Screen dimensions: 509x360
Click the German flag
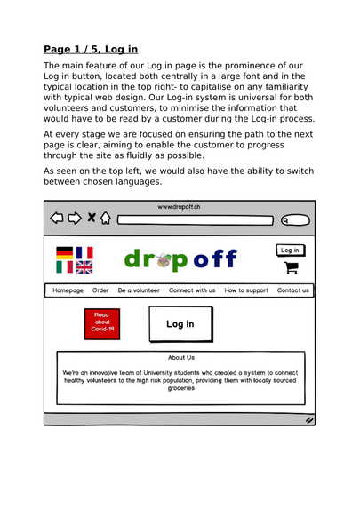pyautogui.click(x=64, y=253)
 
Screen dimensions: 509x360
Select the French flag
pyautogui.click(x=84, y=253)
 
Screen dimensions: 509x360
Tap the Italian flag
pyautogui.click(x=64, y=266)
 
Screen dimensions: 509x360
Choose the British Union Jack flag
pyautogui.click(x=84, y=266)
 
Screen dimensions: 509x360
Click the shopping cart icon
pyautogui.click(x=291, y=267)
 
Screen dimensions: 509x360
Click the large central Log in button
pyautogui.click(x=180, y=324)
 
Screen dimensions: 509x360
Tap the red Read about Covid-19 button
pyautogui.click(x=102, y=324)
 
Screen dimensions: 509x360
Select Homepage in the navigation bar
pyautogui.click(x=68, y=290)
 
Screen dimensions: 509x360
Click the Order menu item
pyautogui.click(x=100, y=290)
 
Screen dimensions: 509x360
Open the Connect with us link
pyautogui.click(x=192, y=290)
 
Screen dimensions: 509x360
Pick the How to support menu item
pyautogui.click(x=246, y=290)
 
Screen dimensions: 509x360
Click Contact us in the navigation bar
pyautogui.click(x=293, y=290)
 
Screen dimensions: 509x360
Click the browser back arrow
pyautogui.click(x=57, y=218)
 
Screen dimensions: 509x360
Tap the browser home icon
pyautogui.click(x=105, y=218)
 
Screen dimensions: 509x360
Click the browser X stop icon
pyautogui.click(x=91, y=218)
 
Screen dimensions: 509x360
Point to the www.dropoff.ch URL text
pyautogui.click(x=179, y=207)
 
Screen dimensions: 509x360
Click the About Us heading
pyautogui.click(x=181, y=358)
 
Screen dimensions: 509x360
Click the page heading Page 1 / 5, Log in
pyautogui.click(x=90, y=49)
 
